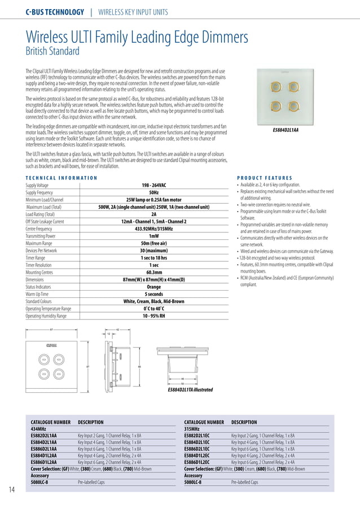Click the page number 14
(12, 489)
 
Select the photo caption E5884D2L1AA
(286, 130)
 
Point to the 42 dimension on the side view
(117, 328)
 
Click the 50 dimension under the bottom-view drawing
(182, 383)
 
